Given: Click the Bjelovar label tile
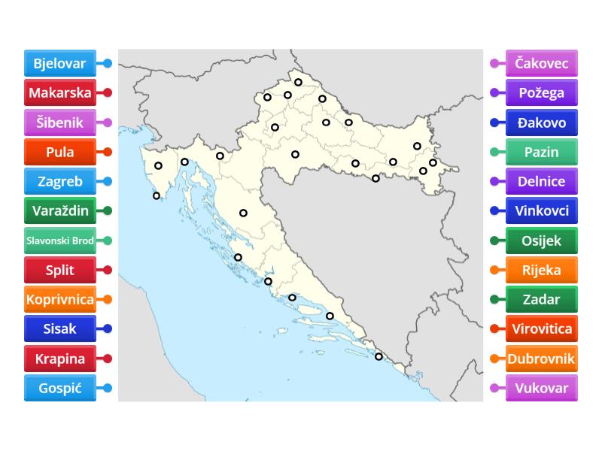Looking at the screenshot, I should click(59, 64).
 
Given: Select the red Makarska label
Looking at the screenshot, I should click(59, 93).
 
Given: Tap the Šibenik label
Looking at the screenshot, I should click(59, 123).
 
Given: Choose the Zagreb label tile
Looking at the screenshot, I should click(59, 181).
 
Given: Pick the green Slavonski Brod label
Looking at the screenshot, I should click(59, 241).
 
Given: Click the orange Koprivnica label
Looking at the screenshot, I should click(59, 299).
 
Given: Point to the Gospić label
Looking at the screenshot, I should click(59, 388).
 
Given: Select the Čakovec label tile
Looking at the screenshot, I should click(542, 64).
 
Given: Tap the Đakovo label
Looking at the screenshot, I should click(542, 123).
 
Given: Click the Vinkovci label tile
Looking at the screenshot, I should click(542, 210).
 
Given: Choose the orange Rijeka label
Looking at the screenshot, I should click(542, 270).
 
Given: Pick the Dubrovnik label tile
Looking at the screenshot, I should click(542, 359).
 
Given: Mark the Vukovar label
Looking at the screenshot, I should click(542, 388).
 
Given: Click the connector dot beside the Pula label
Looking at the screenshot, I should click(108, 152).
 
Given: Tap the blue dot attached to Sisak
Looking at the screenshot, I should click(108, 328).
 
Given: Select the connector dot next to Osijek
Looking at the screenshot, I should click(494, 241).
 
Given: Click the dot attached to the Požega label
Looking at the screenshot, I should click(494, 93).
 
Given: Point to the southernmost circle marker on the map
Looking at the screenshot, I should click(379, 357).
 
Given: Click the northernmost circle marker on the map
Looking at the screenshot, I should click(299, 83).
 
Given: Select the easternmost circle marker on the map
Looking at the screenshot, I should click(433, 162).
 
